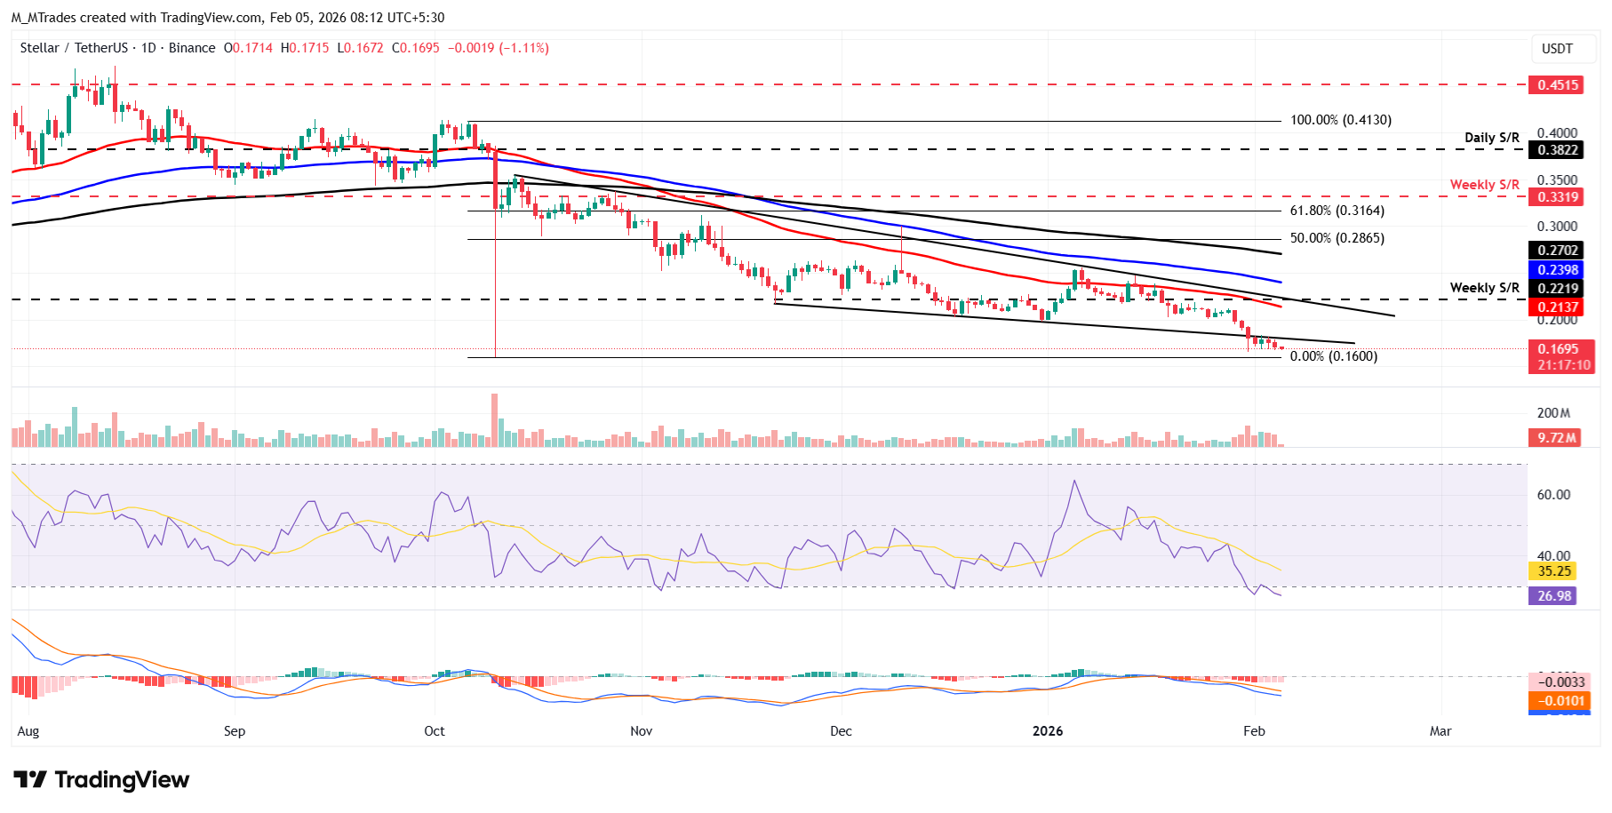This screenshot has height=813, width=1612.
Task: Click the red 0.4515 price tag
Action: pos(1558,85)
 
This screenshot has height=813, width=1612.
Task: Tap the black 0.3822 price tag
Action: pos(1558,150)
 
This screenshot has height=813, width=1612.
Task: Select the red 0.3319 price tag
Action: pos(1558,197)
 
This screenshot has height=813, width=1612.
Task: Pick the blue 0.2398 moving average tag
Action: pos(1558,270)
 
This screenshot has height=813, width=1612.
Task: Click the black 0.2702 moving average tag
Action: pos(1558,251)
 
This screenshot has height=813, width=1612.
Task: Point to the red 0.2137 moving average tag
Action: pos(1558,307)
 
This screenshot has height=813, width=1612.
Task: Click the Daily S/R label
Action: pos(1492,138)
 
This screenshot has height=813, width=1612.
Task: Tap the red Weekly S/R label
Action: pos(1484,185)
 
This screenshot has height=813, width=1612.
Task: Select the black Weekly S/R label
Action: pos(1484,288)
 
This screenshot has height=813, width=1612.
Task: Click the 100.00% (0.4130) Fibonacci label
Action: pos(1341,120)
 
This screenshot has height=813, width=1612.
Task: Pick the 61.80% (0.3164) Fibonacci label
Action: pos(1337,211)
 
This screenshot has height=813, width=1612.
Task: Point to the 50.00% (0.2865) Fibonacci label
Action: pos(1337,238)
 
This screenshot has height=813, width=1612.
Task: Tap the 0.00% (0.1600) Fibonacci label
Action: pos(1333,356)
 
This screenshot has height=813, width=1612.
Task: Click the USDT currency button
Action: pos(1557,49)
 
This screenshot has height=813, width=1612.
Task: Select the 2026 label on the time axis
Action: pos(1048,731)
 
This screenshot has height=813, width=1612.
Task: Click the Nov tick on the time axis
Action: pos(641,731)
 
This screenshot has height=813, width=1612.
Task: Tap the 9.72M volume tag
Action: pos(1557,437)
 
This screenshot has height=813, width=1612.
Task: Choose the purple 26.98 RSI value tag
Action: pos(1554,596)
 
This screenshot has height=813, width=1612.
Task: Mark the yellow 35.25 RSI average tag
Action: pos(1554,571)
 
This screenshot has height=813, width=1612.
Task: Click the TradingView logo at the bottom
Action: pos(101,780)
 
